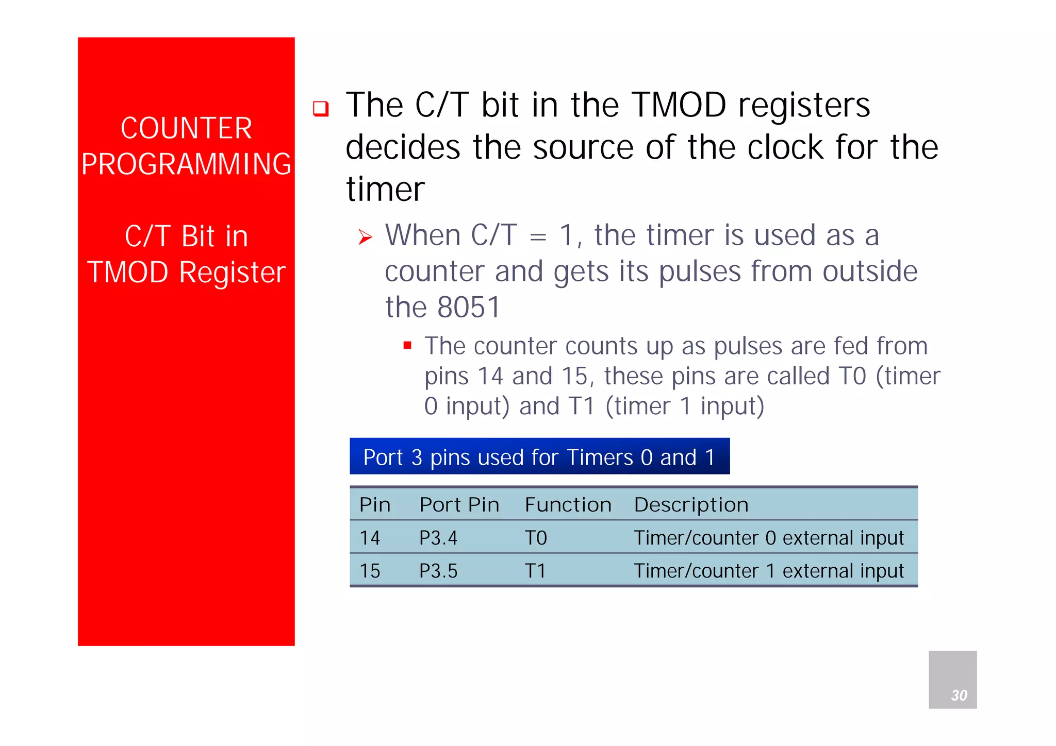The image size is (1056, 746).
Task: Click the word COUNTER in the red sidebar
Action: (x=186, y=128)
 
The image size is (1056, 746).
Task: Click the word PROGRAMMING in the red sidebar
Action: (x=186, y=164)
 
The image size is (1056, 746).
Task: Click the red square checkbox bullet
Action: (x=321, y=109)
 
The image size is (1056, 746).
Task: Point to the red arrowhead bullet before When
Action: (x=365, y=237)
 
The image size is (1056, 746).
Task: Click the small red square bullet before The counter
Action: (x=407, y=346)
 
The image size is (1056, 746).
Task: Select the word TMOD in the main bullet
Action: (x=679, y=105)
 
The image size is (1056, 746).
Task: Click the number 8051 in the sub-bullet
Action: (x=468, y=308)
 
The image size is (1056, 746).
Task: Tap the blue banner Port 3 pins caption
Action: (x=539, y=456)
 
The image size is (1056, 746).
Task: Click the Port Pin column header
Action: (x=459, y=504)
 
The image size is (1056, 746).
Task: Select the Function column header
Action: (x=568, y=504)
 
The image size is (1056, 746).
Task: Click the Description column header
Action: (x=691, y=504)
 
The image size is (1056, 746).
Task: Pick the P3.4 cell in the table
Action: (x=438, y=538)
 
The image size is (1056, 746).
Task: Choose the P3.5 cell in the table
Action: (x=438, y=571)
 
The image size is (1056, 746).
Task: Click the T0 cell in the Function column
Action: (x=535, y=538)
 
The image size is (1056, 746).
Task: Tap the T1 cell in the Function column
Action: (x=535, y=571)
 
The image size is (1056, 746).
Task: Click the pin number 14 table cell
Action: (x=370, y=538)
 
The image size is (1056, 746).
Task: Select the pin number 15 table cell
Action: (x=370, y=571)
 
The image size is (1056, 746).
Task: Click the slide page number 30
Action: (x=959, y=695)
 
